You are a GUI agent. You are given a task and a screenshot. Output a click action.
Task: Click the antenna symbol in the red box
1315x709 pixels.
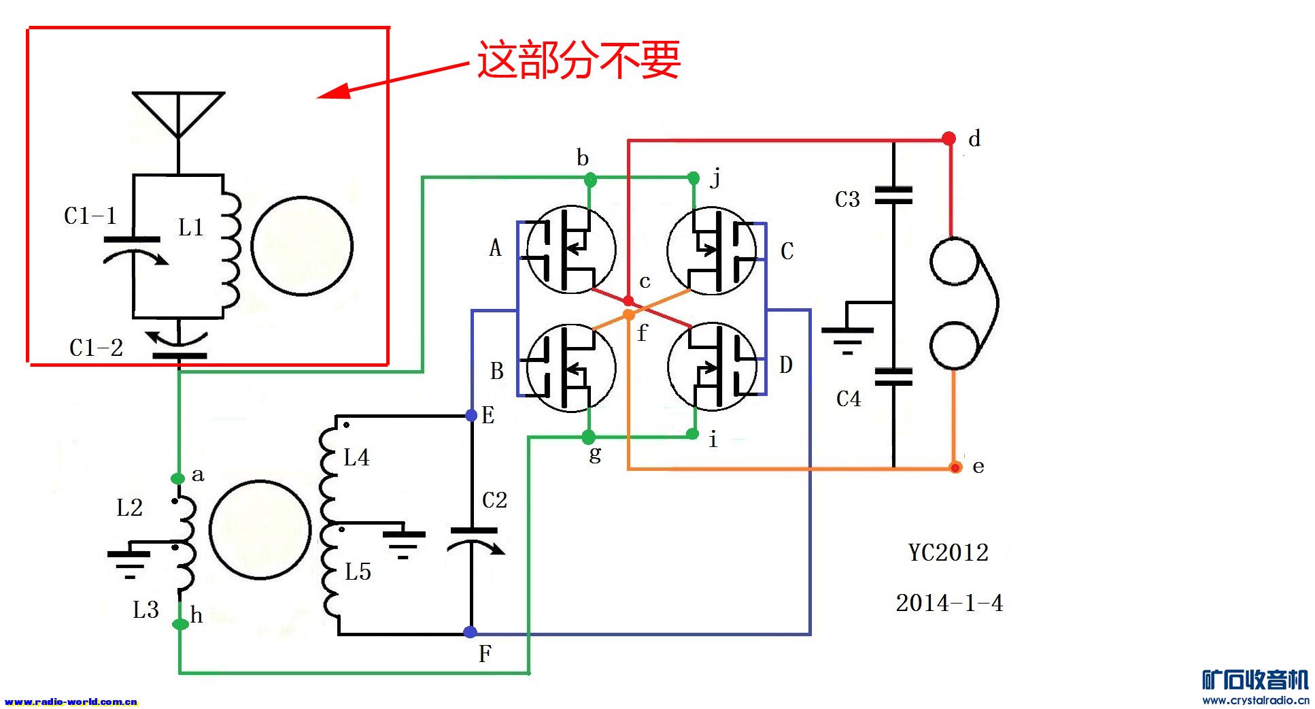coord(178,114)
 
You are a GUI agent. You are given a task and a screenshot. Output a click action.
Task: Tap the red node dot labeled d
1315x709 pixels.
coord(949,139)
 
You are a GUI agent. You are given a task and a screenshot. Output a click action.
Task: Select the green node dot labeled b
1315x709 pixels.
coord(590,180)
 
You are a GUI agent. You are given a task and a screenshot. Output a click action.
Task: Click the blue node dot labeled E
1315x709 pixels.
coord(471,415)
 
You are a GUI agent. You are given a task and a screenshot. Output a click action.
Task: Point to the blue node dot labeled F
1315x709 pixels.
coord(470,632)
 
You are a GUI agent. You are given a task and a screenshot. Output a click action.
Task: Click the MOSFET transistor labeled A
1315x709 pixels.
coord(571,250)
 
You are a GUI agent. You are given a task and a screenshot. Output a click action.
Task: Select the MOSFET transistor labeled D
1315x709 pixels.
coord(712,367)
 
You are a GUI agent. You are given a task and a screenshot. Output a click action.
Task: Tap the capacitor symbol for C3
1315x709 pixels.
coord(893,196)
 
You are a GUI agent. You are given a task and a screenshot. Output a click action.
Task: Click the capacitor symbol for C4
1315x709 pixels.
coord(893,377)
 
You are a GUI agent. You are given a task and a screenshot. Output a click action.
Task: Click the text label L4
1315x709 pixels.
coord(356,457)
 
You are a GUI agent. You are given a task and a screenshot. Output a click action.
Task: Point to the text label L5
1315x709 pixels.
coord(358,572)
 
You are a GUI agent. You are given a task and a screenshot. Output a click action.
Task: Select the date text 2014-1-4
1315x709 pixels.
coord(949,603)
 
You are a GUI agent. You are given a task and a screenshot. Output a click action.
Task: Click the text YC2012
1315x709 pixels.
coord(949,552)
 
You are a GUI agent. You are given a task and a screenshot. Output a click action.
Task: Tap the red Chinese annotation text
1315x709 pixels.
coord(578,60)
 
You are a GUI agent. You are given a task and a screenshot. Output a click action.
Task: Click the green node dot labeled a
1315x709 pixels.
coord(178,478)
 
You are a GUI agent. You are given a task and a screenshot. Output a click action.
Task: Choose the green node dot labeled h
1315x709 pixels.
coord(180,624)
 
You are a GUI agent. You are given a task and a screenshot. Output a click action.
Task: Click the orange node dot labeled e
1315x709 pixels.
coord(955,467)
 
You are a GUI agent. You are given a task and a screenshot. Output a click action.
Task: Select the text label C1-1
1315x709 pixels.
coord(90,216)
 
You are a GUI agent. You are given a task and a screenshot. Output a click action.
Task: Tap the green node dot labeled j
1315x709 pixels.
coord(694,178)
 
